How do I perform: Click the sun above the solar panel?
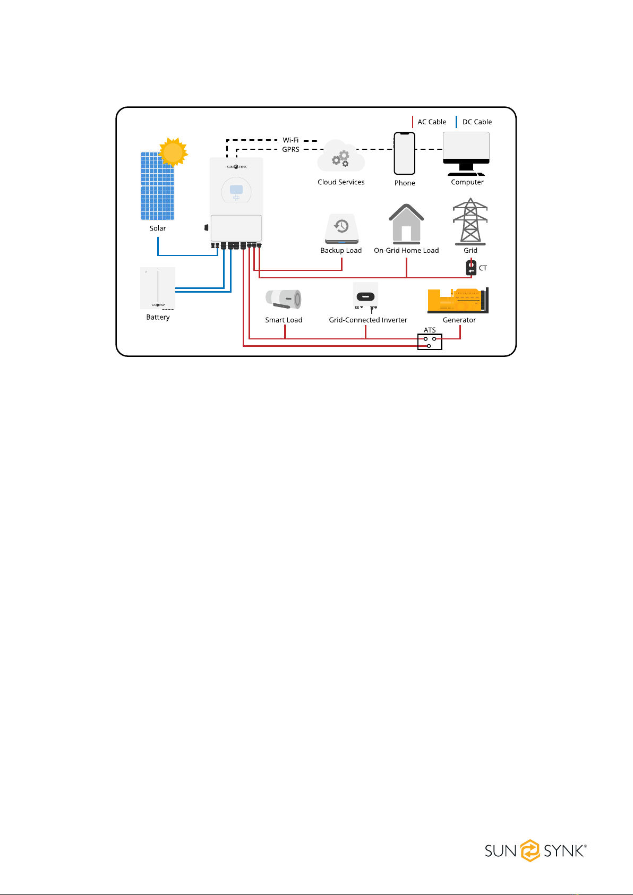coord(173,152)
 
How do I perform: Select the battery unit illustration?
coord(158,288)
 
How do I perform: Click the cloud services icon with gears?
coord(341,157)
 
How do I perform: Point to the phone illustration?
coord(405,154)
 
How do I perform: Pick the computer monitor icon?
coord(466,153)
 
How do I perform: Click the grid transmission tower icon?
coord(470,221)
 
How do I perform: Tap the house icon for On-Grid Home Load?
coord(406,224)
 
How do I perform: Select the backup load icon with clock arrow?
coord(341,228)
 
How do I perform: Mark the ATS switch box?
coord(430,342)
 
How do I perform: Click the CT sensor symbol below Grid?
coord(471,268)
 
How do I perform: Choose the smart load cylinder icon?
coord(284,299)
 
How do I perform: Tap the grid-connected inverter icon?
coord(365,296)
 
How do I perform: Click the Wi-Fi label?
coord(290,140)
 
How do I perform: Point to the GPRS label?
coord(290,149)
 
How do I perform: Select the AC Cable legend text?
coord(432,122)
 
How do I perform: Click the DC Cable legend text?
coord(477,122)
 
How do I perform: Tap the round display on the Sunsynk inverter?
coord(236,190)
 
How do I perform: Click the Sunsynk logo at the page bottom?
coord(535,850)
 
